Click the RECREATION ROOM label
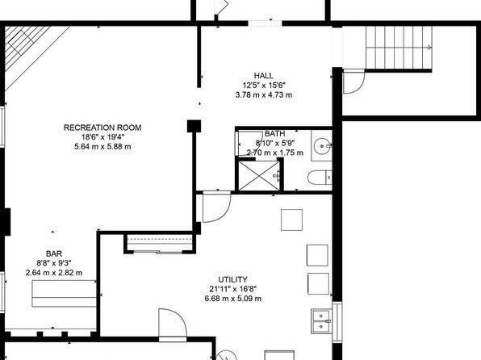click(x=102, y=128)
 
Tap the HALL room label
click(x=264, y=76)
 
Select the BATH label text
click(x=275, y=134)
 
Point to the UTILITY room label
click(x=232, y=279)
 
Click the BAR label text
click(x=54, y=253)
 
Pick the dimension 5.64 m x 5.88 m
click(x=102, y=147)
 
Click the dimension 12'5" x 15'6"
click(x=264, y=85)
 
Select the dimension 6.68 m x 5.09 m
click(x=232, y=299)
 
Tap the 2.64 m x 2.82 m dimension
click(x=54, y=273)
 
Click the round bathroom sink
click(x=321, y=145)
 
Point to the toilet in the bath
click(x=320, y=178)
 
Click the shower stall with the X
click(x=259, y=176)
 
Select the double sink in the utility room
click(x=321, y=321)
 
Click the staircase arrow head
click(x=430, y=48)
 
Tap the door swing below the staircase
click(x=353, y=82)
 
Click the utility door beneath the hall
click(x=216, y=207)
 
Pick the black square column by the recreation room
click(x=194, y=126)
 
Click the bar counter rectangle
click(x=64, y=293)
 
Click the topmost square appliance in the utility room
click(x=291, y=220)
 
